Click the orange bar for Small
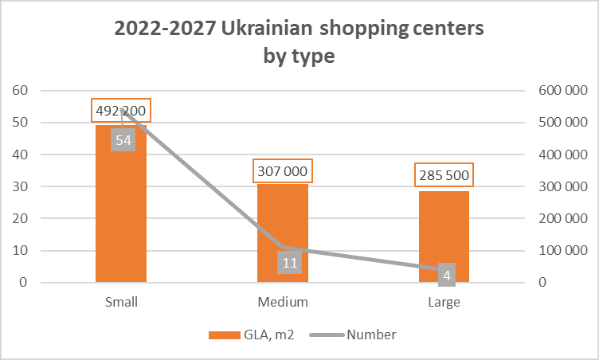coord(121,215)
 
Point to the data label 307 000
coord(283,171)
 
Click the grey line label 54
coord(123,140)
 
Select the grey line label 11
coord(289,262)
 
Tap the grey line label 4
coord(447,275)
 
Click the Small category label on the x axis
coord(121,303)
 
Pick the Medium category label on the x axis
coord(283,303)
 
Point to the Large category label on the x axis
coord(444,303)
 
